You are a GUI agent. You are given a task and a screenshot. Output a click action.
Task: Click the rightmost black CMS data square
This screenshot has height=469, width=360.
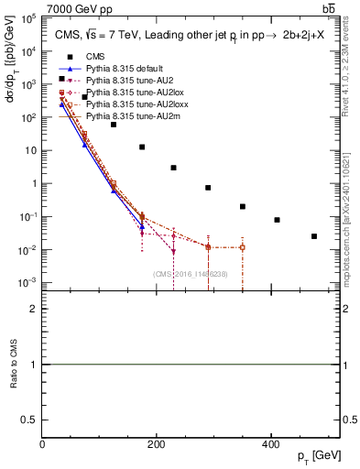coord(314,236)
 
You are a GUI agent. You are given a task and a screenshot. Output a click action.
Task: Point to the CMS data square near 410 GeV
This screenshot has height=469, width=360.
coord(277,220)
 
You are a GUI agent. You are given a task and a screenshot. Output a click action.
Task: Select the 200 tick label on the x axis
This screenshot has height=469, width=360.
coord(157,445)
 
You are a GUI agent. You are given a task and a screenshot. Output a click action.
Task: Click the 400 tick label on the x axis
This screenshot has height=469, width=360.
coord(270,445)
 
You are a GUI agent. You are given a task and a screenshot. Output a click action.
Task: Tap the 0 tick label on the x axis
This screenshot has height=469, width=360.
coord(42,445)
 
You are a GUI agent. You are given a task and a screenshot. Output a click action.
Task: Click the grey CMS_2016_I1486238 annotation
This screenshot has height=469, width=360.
coord(191,274)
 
